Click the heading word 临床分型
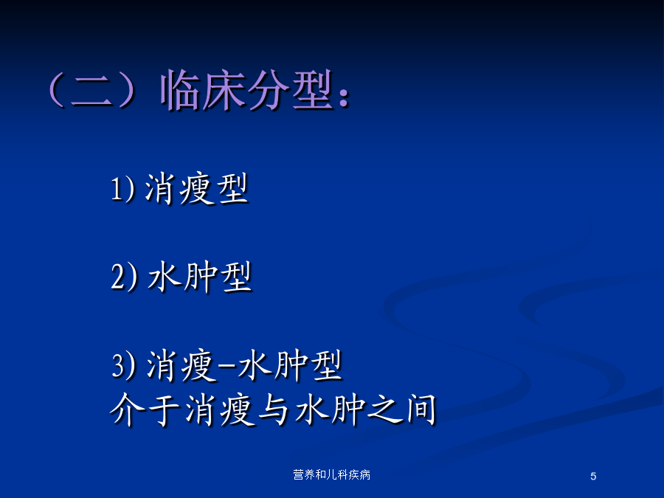point(246,90)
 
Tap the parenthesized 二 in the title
point(91,90)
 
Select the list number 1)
point(122,189)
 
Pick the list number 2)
point(124,277)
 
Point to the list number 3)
point(124,365)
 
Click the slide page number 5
point(593,477)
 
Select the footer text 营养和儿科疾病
point(331,475)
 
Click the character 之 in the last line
point(384,409)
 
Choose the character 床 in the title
point(224,90)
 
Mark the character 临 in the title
point(181,90)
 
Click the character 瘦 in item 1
point(196,190)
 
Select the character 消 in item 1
point(161,190)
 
